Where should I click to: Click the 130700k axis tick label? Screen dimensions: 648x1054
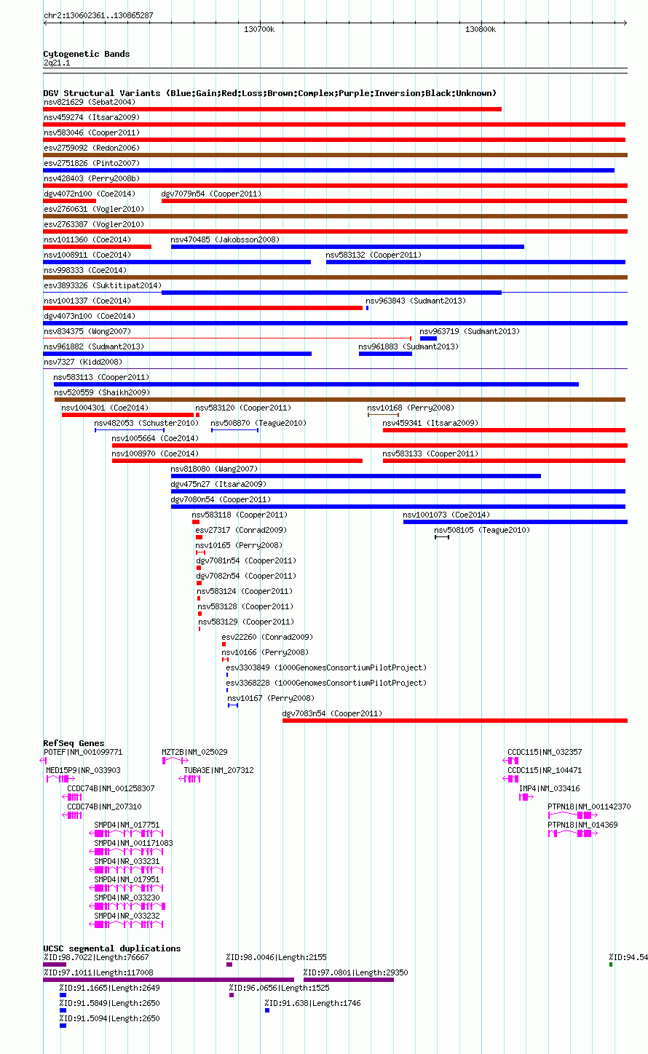[x=258, y=29]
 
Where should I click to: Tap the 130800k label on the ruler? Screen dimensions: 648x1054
[x=480, y=29]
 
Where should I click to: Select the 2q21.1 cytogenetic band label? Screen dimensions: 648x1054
[x=57, y=63]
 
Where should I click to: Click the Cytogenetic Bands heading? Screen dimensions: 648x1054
[x=87, y=54]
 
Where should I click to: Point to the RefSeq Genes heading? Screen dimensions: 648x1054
[x=74, y=743]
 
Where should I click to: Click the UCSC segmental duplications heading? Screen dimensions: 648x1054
[x=112, y=948]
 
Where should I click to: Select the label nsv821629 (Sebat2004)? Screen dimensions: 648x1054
[x=90, y=102]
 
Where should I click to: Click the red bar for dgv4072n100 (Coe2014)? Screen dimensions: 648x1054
[x=70, y=201]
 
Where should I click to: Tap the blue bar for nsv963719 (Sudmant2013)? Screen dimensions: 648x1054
[x=428, y=338]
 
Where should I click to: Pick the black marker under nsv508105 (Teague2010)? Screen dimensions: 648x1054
[x=442, y=537]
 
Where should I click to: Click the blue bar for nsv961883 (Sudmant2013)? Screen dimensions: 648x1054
[x=385, y=354]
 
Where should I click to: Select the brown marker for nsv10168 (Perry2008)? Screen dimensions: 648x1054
[x=383, y=415]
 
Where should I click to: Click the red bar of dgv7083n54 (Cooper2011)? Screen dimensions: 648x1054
[x=454, y=721]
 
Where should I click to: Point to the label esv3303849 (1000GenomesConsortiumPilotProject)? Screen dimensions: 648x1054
[x=326, y=667]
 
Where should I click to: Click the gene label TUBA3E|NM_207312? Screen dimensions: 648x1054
[x=218, y=770]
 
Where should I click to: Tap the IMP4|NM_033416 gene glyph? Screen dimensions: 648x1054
[x=526, y=797]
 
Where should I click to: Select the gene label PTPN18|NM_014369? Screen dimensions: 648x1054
[x=582, y=825]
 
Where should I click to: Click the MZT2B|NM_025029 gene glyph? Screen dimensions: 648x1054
[x=175, y=761]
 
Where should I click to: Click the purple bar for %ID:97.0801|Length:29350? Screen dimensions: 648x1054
[x=349, y=980]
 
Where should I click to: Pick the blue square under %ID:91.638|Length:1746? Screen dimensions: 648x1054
[x=267, y=1010]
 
